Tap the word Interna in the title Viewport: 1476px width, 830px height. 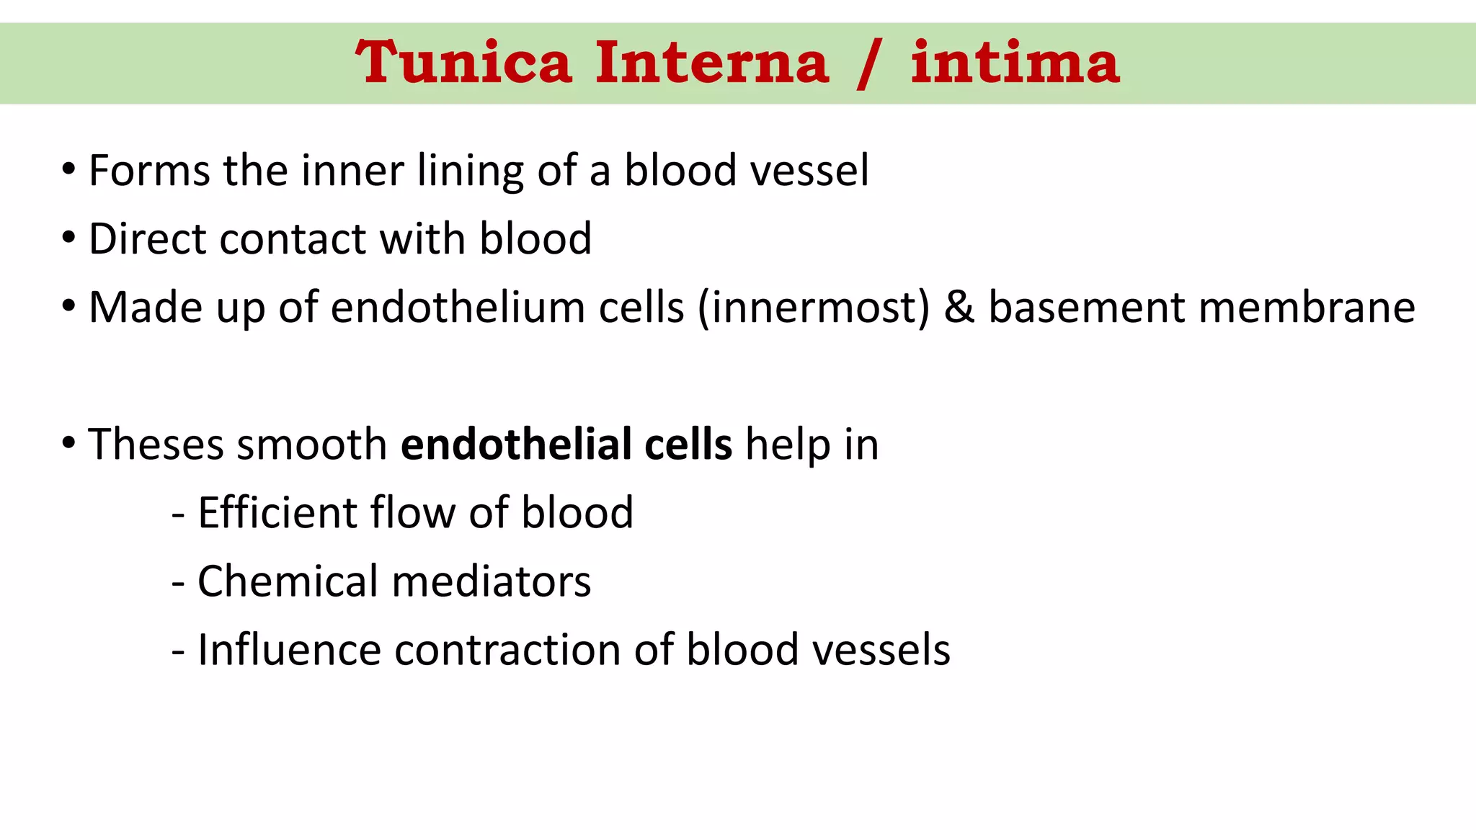pos(712,63)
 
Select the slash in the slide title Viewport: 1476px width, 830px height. pos(870,65)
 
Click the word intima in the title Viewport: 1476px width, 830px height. pos(1015,63)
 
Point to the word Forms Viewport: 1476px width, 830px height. pos(149,171)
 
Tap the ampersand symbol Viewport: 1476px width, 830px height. pos(959,308)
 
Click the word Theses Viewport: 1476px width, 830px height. pos(156,445)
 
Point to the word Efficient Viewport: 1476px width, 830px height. pos(277,513)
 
